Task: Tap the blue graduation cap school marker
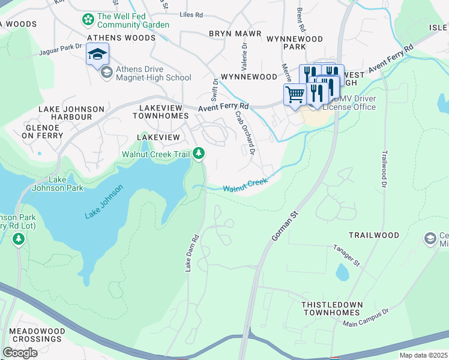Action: (x=97, y=55)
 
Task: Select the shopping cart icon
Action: (x=295, y=94)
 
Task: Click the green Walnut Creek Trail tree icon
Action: (x=199, y=154)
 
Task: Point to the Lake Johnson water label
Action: (x=104, y=202)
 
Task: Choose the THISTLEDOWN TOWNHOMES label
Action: (x=332, y=308)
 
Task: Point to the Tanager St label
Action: (x=346, y=255)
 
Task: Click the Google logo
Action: (x=20, y=352)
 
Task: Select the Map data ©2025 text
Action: (x=423, y=355)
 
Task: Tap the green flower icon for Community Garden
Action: (x=88, y=20)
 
